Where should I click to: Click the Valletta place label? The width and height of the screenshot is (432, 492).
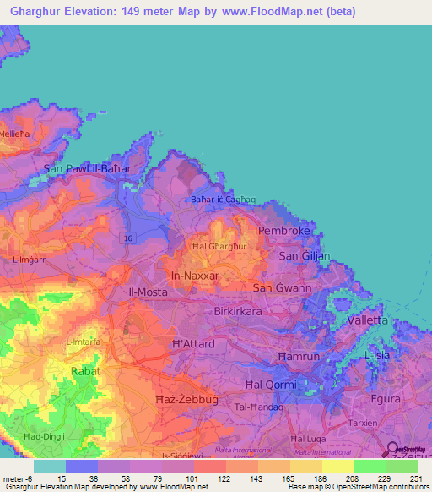(x=367, y=320)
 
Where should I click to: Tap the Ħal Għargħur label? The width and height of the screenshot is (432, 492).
(x=219, y=246)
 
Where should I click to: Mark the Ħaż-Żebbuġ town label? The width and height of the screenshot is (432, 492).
(x=159, y=397)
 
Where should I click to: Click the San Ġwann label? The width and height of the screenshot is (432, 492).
(x=282, y=287)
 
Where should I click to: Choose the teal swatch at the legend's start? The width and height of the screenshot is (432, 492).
(x=50, y=466)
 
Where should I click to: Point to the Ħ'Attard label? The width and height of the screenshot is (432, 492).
(x=193, y=344)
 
